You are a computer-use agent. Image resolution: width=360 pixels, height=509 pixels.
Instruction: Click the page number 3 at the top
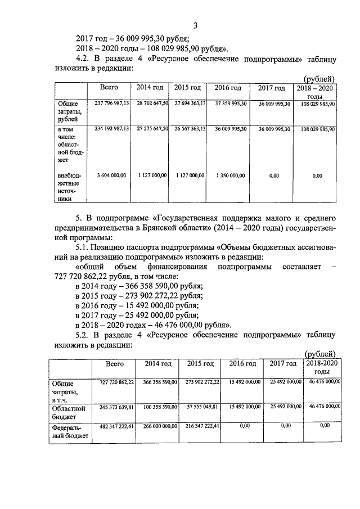click(x=195, y=25)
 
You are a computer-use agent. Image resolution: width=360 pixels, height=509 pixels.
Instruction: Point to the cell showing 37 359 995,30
click(x=227, y=103)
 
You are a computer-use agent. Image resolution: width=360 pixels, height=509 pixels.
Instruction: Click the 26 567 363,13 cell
click(x=189, y=129)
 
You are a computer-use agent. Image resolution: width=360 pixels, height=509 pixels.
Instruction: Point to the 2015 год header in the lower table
click(x=201, y=364)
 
